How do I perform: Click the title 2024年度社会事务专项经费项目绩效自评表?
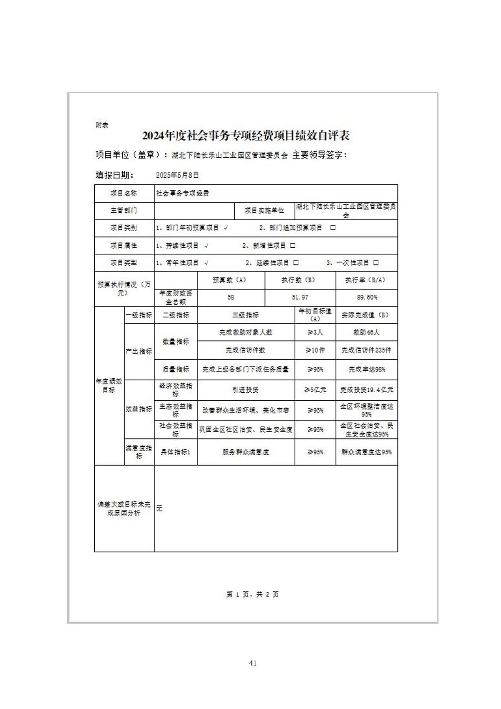click(x=246, y=136)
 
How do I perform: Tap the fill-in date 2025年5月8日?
click(x=177, y=175)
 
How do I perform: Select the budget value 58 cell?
click(x=231, y=297)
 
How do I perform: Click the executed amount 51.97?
click(x=300, y=297)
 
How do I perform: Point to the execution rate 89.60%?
click(x=367, y=297)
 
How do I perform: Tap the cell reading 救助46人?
click(x=366, y=333)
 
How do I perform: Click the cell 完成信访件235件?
click(x=366, y=350)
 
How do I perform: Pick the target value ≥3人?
click(x=315, y=333)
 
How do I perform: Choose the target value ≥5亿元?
click(x=315, y=390)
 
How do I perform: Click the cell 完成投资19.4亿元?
click(x=366, y=390)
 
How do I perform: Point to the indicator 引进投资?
click(x=245, y=390)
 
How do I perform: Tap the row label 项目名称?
click(x=124, y=193)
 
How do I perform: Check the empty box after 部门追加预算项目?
click(x=333, y=228)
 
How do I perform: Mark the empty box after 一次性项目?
click(x=376, y=263)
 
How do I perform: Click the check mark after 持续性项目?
click(x=206, y=245)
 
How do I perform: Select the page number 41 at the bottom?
click(x=253, y=663)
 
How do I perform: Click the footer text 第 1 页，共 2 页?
click(x=252, y=594)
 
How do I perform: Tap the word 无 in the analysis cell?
click(x=159, y=508)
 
